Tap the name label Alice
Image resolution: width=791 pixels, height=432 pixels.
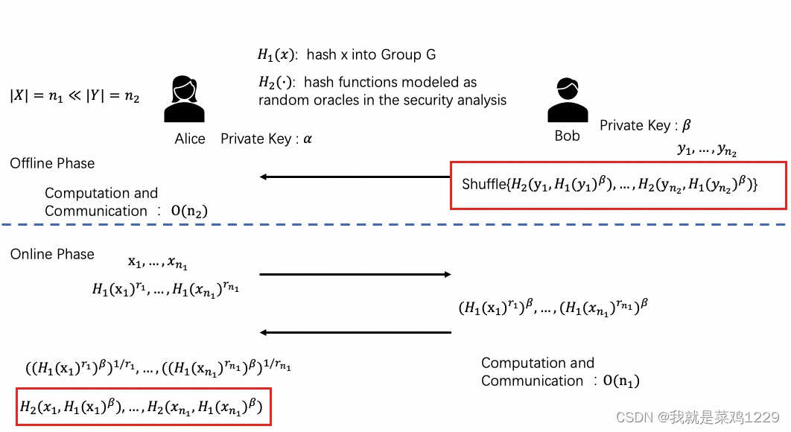tap(190, 139)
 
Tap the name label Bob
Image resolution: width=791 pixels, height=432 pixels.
tap(567, 136)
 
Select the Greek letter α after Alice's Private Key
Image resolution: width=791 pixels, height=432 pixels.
tap(308, 139)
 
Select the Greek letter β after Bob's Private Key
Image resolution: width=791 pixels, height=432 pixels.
tap(686, 125)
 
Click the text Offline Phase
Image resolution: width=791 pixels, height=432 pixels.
tap(52, 163)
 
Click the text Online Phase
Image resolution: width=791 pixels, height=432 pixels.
tap(52, 254)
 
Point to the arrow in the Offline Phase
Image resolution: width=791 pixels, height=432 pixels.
tap(355, 177)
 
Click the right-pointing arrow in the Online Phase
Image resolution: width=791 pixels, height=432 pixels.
tap(355, 275)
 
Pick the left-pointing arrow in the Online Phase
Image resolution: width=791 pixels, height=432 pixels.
tap(355, 332)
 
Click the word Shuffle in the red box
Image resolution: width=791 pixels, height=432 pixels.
tap(483, 184)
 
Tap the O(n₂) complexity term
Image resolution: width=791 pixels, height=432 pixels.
tap(189, 212)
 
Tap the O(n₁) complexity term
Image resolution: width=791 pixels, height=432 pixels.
tap(621, 381)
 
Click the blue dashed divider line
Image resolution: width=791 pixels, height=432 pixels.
tap(395, 224)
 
